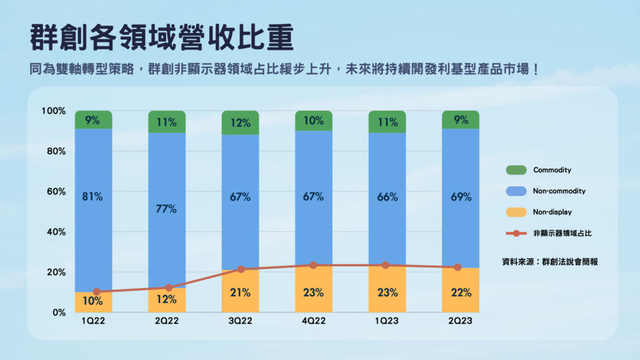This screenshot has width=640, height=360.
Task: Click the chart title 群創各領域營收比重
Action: tap(161, 38)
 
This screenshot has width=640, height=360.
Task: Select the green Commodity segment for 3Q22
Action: tap(240, 122)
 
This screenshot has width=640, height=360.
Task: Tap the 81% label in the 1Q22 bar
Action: tap(92, 197)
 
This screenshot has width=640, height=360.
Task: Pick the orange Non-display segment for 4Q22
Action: tap(314, 289)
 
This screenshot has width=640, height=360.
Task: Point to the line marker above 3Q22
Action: tap(241, 269)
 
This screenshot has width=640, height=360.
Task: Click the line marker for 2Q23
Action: tap(457, 267)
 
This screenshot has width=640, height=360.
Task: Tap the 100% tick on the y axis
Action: tap(53, 111)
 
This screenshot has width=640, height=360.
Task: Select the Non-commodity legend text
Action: tap(559, 191)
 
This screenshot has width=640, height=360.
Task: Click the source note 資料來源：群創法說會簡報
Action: tap(549, 262)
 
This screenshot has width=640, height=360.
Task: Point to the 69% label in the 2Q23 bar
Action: tap(461, 197)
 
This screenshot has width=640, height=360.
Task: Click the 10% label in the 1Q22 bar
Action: tap(92, 300)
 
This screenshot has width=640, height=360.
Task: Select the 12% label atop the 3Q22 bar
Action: tap(240, 122)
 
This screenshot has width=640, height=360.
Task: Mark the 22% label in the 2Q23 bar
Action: tap(461, 292)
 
